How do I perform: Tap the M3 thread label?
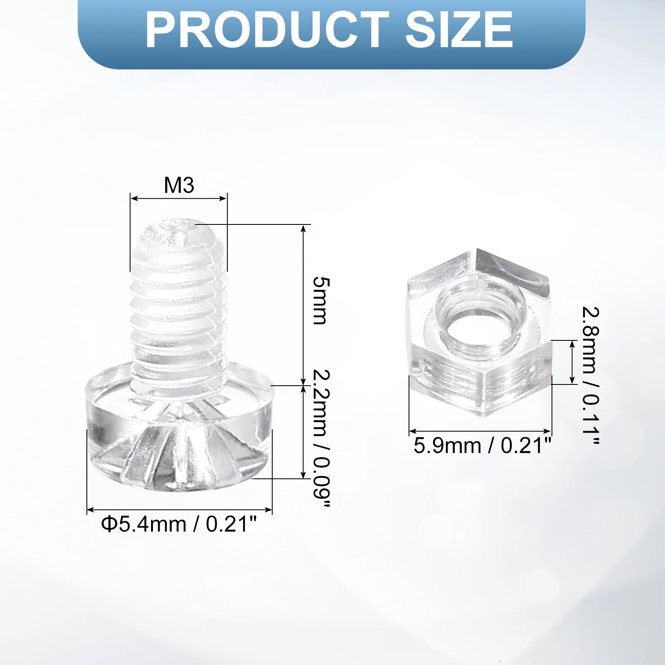(179, 185)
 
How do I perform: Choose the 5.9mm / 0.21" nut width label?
(482, 446)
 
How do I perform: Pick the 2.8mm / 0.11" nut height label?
(590, 376)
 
